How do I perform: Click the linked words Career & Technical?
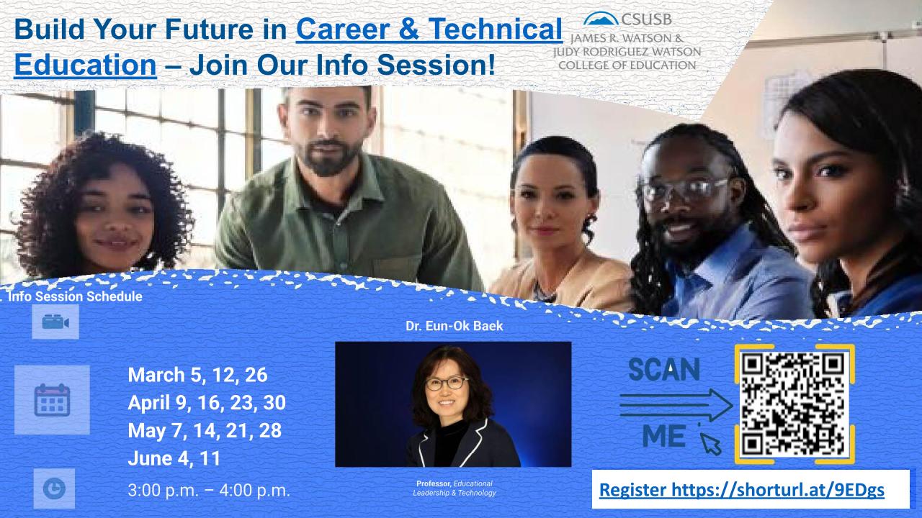pos(429,30)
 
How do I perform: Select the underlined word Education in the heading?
pos(85,65)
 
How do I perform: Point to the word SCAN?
pos(663,371)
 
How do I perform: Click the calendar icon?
pos(52,399)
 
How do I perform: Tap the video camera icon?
pos(55,322)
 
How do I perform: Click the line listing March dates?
pos(198,376)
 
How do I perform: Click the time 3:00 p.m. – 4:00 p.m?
pos(209,492)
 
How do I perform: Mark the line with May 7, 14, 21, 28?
pos(204,430)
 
